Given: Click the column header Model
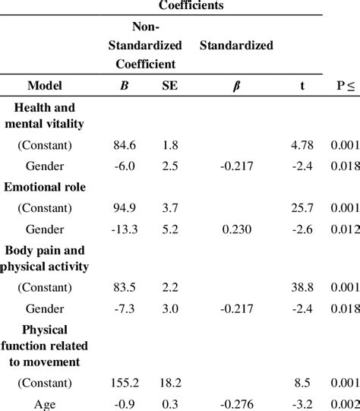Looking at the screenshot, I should [x=44, y=86].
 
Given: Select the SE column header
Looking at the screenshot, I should [x=170, y=86].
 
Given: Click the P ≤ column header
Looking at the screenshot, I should [x=344, y=86].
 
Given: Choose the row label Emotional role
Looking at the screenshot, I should [x=45, y=185].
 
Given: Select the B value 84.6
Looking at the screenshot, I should [x=123, y=144].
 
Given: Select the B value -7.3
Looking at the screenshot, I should [x=122, y=308].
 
